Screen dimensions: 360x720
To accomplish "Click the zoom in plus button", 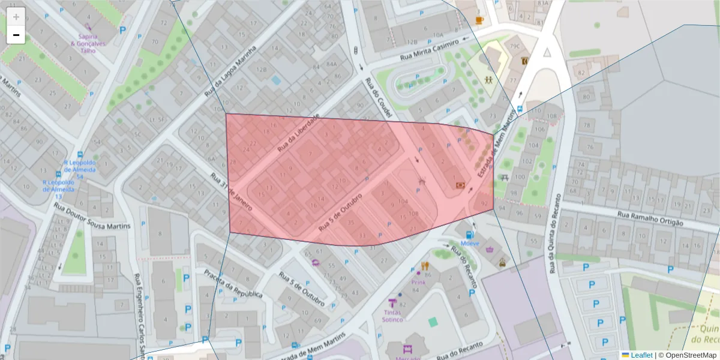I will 16,17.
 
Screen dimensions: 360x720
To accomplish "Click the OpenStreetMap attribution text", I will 687,355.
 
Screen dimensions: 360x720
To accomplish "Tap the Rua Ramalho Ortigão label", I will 650,218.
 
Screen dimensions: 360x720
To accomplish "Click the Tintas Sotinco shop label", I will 392,316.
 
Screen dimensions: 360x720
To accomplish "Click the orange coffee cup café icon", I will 479,20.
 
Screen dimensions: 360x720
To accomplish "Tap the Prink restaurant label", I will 418,281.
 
